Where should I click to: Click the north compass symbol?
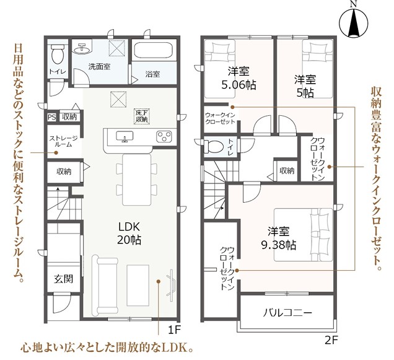pos(353,23)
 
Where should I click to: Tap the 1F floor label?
pos(174,330)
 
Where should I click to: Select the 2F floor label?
pos(331,340)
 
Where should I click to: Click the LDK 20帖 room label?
pos(129,234)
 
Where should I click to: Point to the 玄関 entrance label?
pos(63,279)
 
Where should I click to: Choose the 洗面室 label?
pos(99,67)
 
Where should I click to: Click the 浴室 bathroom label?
pos(153,74)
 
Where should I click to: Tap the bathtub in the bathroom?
pos(153,51)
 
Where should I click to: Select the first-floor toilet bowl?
pos(58,55)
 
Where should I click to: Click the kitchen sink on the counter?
pos(125,136)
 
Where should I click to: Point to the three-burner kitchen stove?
pos(164,136)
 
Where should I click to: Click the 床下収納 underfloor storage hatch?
pos(142,116)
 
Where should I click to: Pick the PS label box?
pos(52,117)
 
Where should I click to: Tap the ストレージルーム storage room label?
pos(63,141)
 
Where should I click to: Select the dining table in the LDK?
pos(137,180)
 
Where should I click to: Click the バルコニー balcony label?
pos(287,313)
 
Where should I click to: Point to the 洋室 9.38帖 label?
pos(278,238)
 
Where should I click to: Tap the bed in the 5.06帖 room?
pos(220,69)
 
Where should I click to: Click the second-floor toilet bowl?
pos(214,147)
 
